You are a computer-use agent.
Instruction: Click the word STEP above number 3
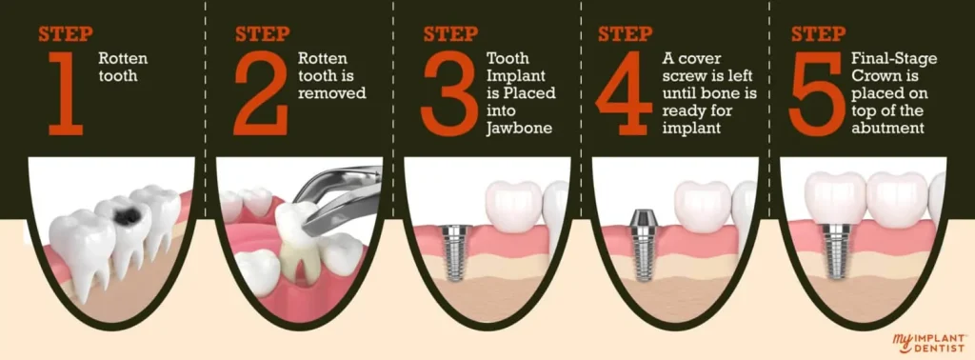pos(450,35)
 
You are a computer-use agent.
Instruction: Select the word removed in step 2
pos(332,93)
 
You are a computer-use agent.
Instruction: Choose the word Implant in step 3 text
pos(508,76)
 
